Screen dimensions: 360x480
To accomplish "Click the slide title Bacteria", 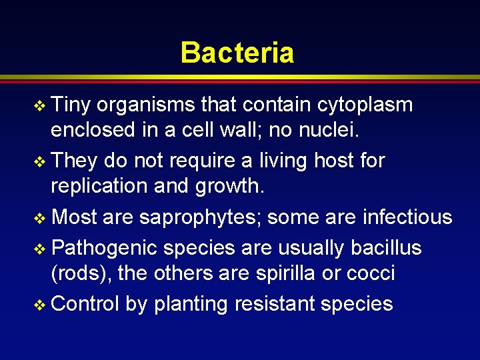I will pyautogui.click(x=237, y=52).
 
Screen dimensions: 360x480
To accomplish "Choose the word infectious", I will pyautogui.click(x=407, y=217).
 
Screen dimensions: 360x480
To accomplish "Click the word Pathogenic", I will pyautogui.click(x=104, y=248).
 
